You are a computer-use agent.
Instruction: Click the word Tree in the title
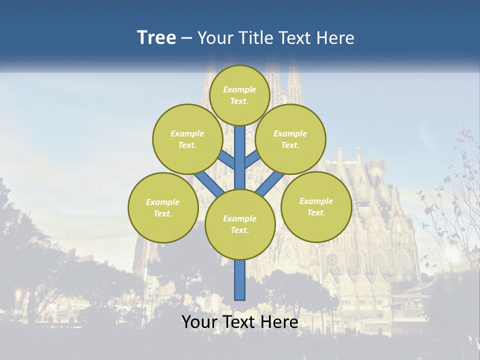pyautogui.click(x=156, y=37)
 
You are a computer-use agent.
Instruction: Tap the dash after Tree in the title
pyautogui.click(x=186, y=38)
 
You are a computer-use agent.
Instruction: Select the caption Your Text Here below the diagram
pyautogui.click(x=239, y=322)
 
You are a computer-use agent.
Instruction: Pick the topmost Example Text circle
pyautogui.click(x=239, y=95)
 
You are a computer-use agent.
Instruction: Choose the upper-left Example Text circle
pyautogui.click(x=187, y=139)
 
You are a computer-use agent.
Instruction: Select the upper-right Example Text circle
pyautogui.click(x=290, y=139)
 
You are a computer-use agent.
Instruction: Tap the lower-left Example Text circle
pyautogui.click(x=163, y=207)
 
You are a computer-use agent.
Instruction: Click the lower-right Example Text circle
pyautogui.click(x=316, y=206)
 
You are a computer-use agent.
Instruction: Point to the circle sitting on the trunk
pyautogui.click(x=240, y=224)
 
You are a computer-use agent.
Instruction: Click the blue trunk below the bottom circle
pyautogui.click(x=240, y=280)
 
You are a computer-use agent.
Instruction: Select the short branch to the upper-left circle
pyautogui.click(x=226, y=159)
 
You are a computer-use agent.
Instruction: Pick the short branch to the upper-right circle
pyautogui.click(x=252, y=159)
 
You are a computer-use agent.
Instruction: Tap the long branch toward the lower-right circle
pyautogui.click(x=271, y=183)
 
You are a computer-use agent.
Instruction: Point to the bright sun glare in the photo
pyautogui.click(x=452, y=254)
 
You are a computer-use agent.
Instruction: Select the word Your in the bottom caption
pyautogui.click(x=199, y=322)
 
